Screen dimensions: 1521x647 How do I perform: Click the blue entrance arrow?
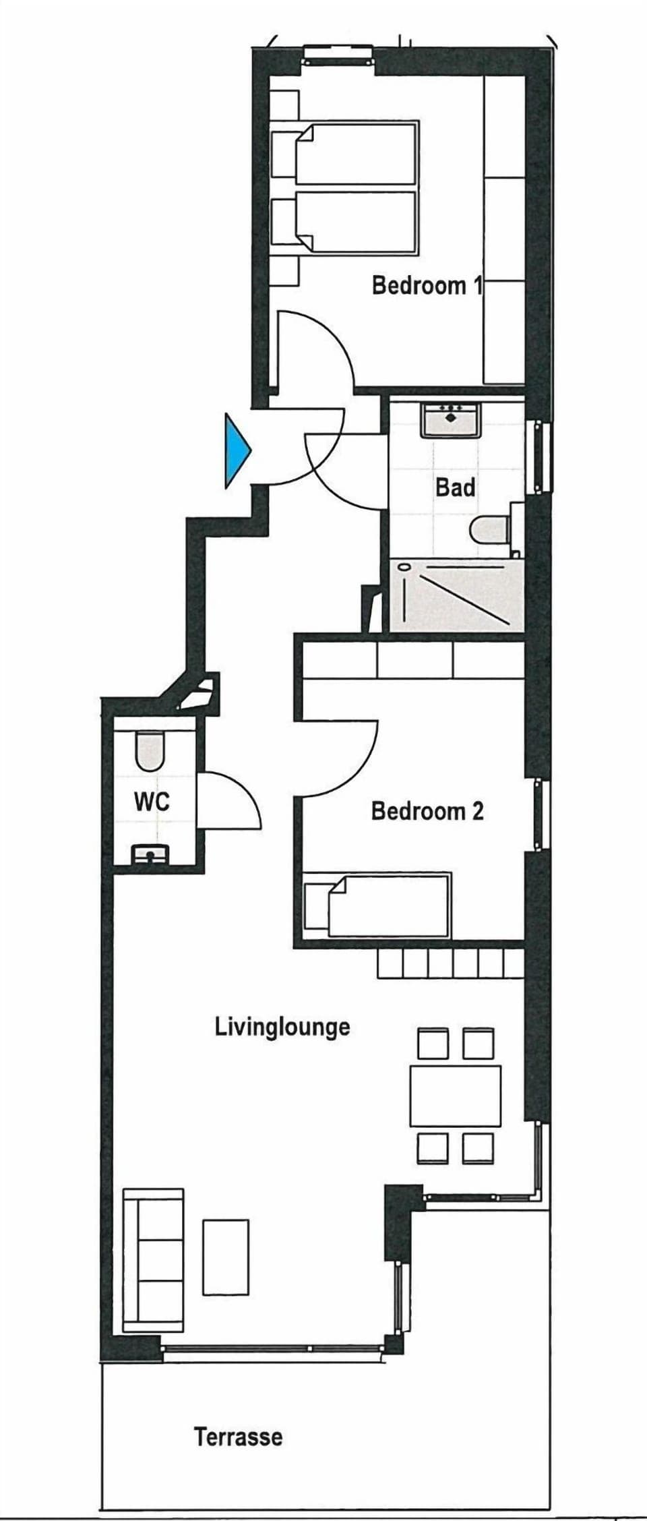pos(237,450)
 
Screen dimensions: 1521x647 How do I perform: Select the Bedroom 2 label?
pos(427,810)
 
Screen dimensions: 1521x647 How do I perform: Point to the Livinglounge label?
pos(282,1027)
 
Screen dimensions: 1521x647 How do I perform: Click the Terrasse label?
pos(239,1436)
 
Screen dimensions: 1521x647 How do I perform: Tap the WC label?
pos(152,802)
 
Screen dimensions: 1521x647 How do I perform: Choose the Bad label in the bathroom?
pos(455,487)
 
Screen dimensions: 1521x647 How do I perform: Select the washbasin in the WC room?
pos(150,855)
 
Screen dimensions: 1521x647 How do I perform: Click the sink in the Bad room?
pos(451,419)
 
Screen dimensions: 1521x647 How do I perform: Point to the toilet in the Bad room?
pos(491,531)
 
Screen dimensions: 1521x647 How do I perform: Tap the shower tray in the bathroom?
pos(456,595)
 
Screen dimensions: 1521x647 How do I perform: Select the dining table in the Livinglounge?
pos(456,1096)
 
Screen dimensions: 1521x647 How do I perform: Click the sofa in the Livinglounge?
pos(153,1260)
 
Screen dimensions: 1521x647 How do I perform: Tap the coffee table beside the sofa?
pos(226,1257)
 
